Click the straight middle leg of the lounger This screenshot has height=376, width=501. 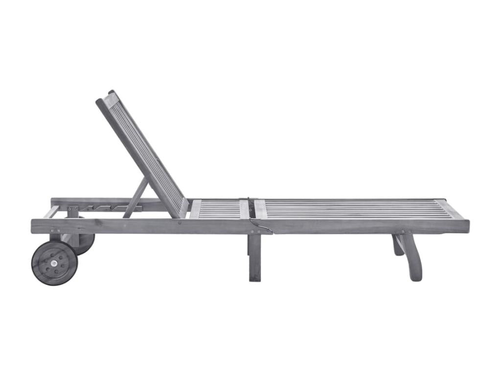(x=255, y=257)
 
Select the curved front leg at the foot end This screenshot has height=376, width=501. (x=412, y=257)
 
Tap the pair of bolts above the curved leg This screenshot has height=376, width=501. (x=406, y=232)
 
